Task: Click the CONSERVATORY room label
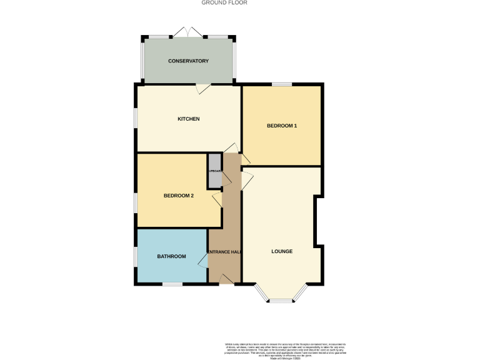(188, 61)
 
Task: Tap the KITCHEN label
(188, 119)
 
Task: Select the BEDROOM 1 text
(282, 126)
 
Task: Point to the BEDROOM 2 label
(179, 196)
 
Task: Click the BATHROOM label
(171, 256)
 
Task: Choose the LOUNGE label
(282, 252)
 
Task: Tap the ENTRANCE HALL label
(224, 252)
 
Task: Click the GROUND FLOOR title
(224, 3)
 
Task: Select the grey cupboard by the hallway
(214, 171)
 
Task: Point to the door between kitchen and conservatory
(202, 89)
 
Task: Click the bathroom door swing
(203, 259)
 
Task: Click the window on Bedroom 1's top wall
(282, 84)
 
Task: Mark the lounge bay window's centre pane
(281, 301)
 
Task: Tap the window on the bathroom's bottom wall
(172, 284)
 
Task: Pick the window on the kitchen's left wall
(136, 119)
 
